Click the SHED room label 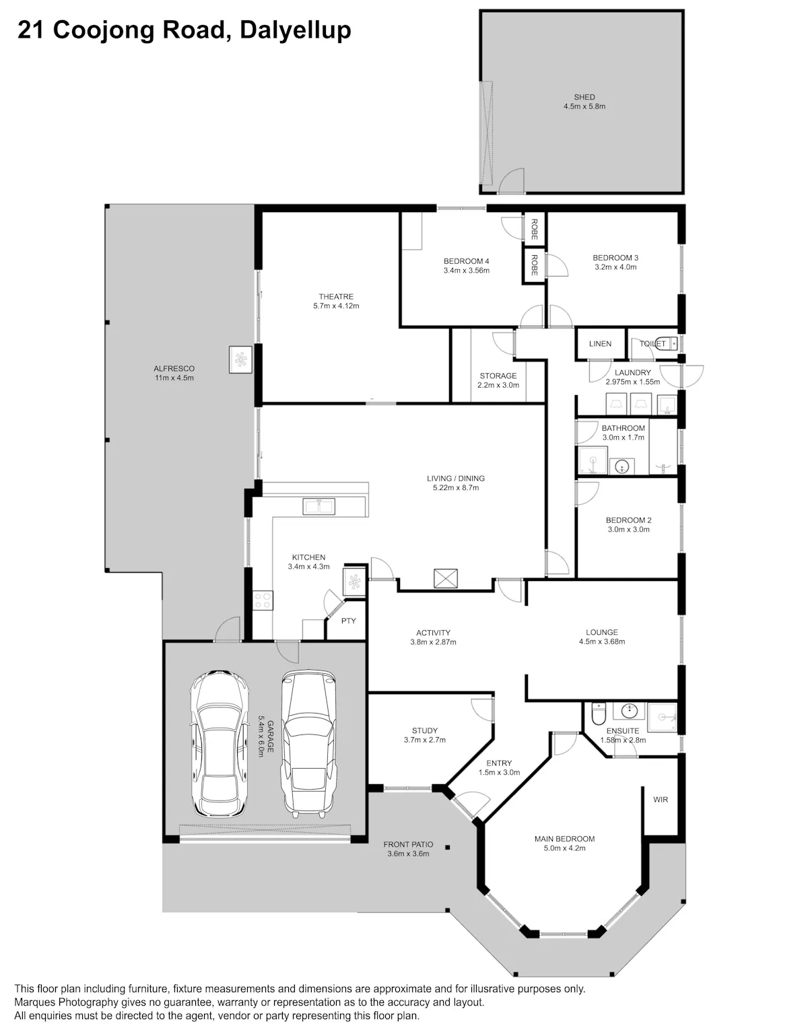(x=584, y=97)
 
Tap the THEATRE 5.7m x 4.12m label (x=336, y=301)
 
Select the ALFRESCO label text (x=174, y=369)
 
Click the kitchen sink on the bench (x=318, y=506)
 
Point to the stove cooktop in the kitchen (x=262, y=600)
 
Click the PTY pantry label (x=348, y=621)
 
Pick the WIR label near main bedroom (x=661, y=800)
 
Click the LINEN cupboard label (x=600, y=344)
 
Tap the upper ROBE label (x=535, y=230)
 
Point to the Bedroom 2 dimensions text (x=628, y=530)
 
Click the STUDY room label (x=424, y=730)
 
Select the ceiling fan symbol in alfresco (x=240, y=359)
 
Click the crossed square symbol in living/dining (x=445, y=578)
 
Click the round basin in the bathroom (x=622, y=467)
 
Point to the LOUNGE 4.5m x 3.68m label (x=601, y=637)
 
